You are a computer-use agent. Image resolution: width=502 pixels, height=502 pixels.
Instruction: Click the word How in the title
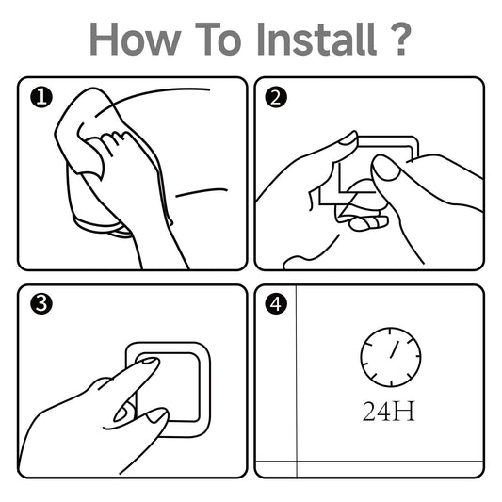tap(135, 39)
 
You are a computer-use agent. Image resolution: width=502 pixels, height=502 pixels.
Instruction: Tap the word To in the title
tap(218, 39)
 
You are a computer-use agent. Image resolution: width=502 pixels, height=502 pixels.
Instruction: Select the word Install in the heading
tap(316, 39)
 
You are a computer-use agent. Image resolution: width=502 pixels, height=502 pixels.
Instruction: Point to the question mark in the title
tap(400, 39)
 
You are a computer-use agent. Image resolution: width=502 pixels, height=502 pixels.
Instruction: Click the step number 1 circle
tap(41, 97)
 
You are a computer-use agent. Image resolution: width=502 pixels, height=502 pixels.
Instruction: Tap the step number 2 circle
tap(276, 97)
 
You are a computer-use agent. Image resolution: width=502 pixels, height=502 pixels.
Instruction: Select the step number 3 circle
tap(41, 303)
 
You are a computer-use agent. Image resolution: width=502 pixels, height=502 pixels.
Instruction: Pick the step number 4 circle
tap(276, 303)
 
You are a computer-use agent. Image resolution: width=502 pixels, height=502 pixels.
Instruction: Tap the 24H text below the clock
tap(389, 411)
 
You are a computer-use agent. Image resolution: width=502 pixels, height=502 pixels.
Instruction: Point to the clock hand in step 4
tap(395, 349)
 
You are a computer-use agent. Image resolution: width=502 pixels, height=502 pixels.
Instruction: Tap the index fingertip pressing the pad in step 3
tap(150, 363)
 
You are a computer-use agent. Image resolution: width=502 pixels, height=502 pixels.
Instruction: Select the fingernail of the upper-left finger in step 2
tap(349, 138)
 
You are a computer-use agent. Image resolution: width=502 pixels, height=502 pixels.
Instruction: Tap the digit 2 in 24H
tap(369, 411)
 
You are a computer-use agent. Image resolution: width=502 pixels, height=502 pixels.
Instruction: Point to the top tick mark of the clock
tap(391, 332)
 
